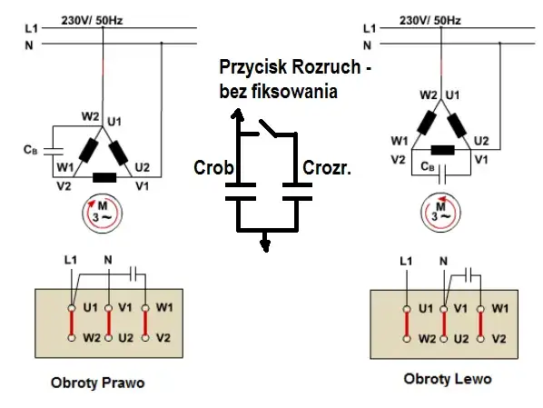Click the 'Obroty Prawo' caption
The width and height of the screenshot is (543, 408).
(98, 383)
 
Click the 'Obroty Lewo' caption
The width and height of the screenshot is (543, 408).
(448, 379)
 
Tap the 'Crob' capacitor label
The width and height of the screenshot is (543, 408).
(213, 168)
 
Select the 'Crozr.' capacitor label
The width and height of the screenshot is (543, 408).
(327, 168)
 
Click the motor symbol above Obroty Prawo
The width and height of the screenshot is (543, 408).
(103, 214)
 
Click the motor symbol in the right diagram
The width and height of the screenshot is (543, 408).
(440, 214)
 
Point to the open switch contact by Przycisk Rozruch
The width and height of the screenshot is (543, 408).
(268, 128)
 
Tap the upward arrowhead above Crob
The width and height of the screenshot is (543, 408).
(237, 114)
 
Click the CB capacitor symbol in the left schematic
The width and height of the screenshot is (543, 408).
(54, 151)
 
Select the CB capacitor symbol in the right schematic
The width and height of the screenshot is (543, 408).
(442, 174)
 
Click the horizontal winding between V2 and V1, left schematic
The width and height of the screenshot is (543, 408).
(104, 178)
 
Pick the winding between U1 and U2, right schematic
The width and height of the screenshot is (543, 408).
(457, 125)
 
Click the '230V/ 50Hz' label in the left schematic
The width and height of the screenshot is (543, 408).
(92, 21)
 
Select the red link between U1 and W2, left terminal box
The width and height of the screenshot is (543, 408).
(72, 323)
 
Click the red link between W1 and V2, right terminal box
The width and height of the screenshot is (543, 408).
(480, 324)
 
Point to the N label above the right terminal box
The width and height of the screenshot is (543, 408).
(444, 261)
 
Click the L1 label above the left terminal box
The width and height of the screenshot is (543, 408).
(71, 260)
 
